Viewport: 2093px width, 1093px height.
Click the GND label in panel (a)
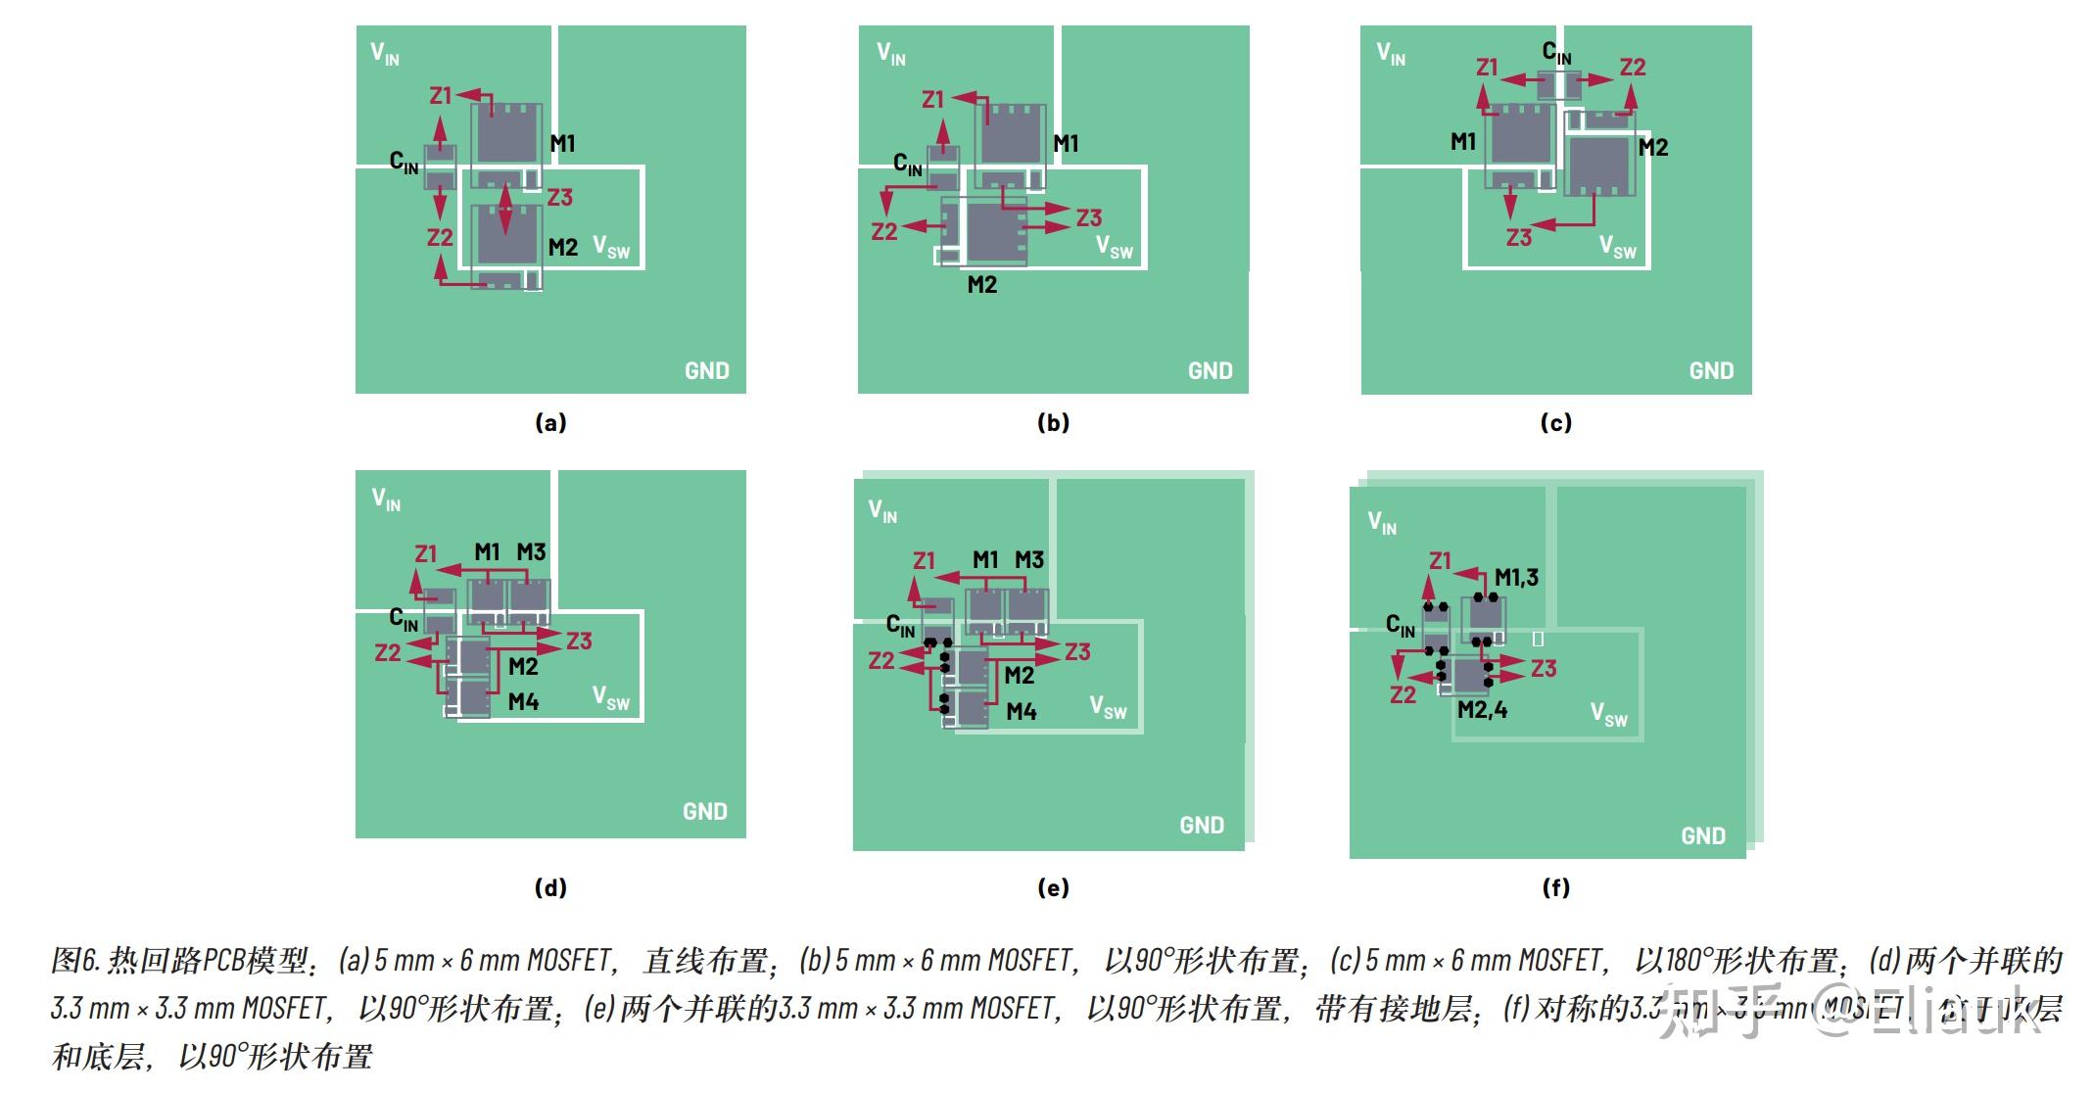tap(706, 371)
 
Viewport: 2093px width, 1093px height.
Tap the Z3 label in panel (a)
tap(559, 198)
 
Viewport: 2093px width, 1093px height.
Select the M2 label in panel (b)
tap(981, 285)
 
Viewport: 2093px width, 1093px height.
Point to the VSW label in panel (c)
tap(1617, 246)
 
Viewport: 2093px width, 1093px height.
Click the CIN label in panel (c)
tap(1556, 52)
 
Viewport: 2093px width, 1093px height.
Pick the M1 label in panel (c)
tap(1462, 142)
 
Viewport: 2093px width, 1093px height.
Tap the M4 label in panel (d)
tap(523, 702)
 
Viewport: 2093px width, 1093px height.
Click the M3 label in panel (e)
tap(1028, 560)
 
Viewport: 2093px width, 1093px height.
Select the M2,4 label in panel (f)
tap(1482, 710)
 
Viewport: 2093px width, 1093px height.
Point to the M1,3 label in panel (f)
tap(1516, 578)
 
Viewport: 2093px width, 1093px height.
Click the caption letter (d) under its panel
tap(550, 887)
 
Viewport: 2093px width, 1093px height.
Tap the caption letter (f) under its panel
tap(1555, 887)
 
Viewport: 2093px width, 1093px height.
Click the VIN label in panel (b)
tap(890, 54)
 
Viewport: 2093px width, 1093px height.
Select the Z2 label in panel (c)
tap(1632, 68)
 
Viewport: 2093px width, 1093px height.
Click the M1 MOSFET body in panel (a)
tap(507, 137)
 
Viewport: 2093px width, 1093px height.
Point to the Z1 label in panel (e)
tap(924, 561)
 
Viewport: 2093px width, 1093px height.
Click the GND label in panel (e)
tap(1201, 826)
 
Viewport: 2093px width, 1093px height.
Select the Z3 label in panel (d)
tap(578, 642)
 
